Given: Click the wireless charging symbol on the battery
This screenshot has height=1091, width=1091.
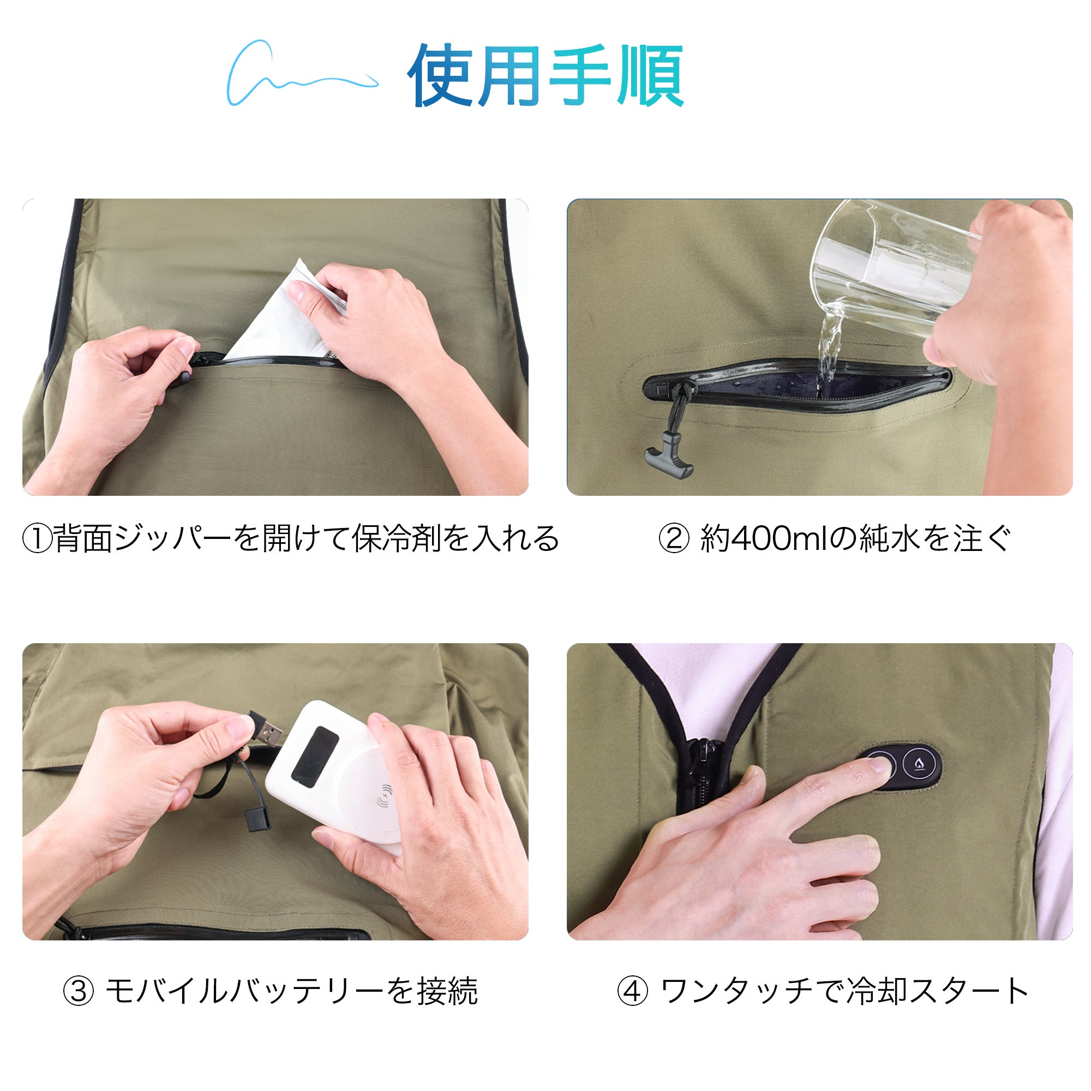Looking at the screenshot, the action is click(386, 797).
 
